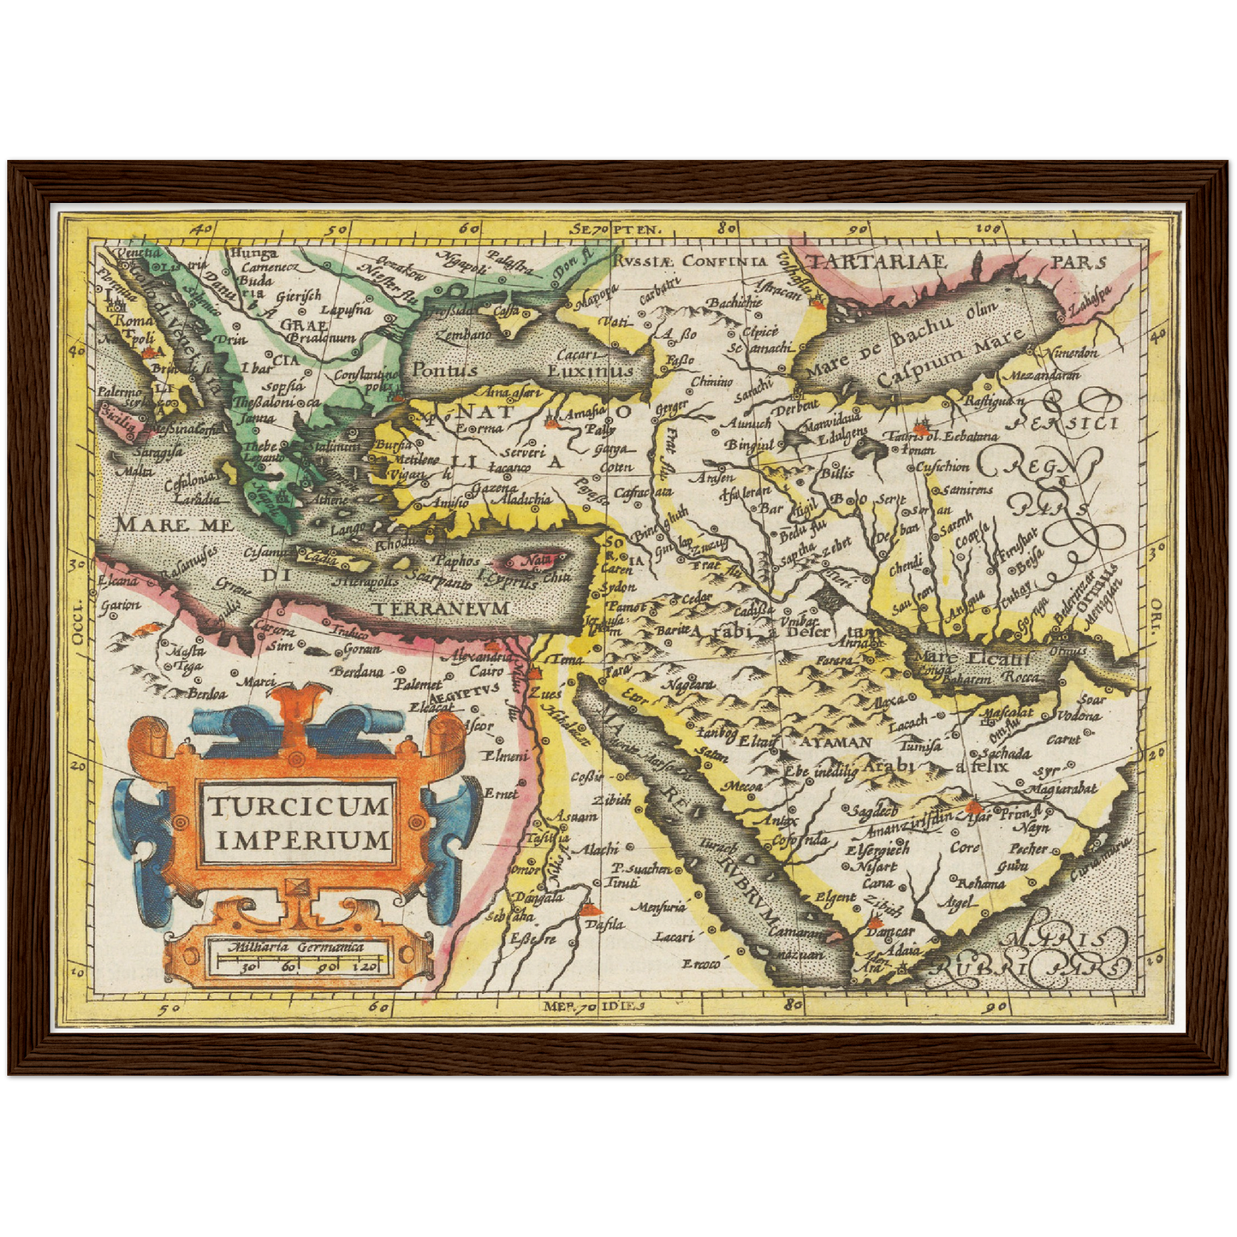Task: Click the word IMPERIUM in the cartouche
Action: tap(303, 840)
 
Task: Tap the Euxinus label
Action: tap(590, 371)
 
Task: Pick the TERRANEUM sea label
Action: tap(441, 608)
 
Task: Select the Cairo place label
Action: tap(486, 671)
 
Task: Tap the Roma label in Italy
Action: tap(134, 321)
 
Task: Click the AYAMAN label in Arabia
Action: tap(835, 742)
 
